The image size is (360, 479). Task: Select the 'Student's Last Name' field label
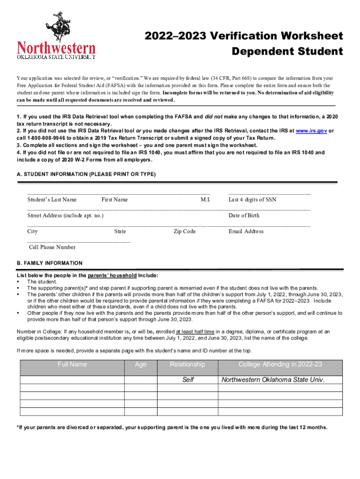[x=52, y=200]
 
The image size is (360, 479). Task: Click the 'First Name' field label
[x=115, y=200]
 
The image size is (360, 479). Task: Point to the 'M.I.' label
[x=205, y=200]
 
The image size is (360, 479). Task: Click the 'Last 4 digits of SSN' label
[x=252, y=200]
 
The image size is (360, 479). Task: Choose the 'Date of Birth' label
[x=244, y=216]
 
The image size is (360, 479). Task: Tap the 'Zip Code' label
[x=185, y=232]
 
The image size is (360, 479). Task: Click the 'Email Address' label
[x=246, y=232]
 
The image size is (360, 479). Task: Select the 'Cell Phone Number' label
[x=52, y=247]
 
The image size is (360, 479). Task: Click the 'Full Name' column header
[x=72, y=365]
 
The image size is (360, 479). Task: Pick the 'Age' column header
[x=140, y=365]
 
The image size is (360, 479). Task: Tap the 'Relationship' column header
[x=187, y=365]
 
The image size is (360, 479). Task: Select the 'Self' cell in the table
[x=188, y=380]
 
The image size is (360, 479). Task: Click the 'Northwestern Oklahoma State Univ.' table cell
[x=273, y=380]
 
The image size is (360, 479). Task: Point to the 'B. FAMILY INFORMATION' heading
[x=50, y=263]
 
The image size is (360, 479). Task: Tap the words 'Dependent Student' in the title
[x=288, y=51]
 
